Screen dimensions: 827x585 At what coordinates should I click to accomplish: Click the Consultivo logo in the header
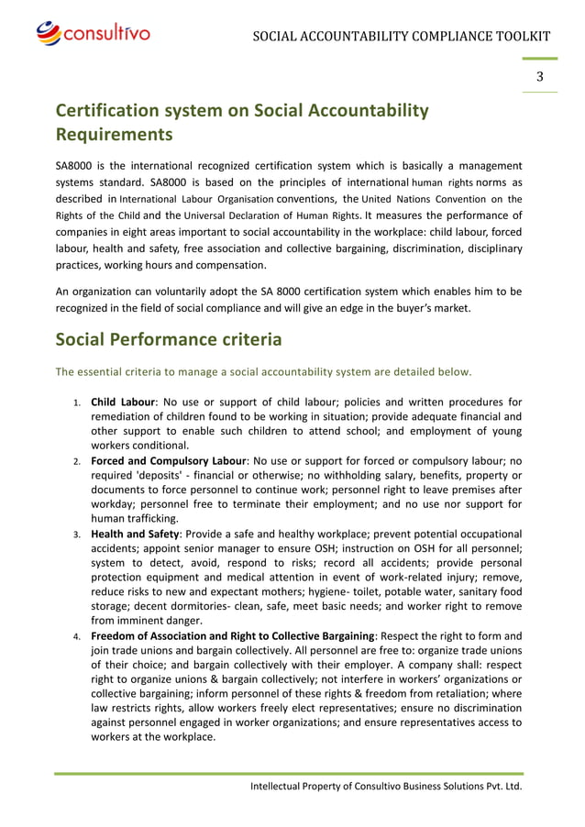point(93,34)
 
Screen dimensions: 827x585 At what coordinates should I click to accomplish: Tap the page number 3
point(540,76)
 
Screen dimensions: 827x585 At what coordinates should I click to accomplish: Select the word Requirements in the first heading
point(114,136)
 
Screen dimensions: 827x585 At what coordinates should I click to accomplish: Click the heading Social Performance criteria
point(169,339)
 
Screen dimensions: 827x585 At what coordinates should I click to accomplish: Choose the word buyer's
point(417,308)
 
